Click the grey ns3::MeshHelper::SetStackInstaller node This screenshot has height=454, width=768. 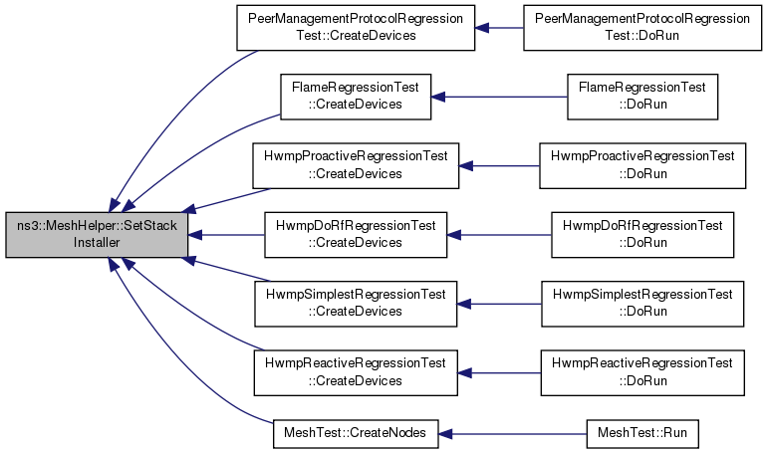tap(97, 235)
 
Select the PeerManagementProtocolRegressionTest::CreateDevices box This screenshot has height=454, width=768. tap(355, 28)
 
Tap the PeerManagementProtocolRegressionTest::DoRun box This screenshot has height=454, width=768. tap(641, 28)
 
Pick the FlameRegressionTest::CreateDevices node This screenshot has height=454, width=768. tap(355, 97)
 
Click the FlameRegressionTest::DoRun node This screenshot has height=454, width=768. tap(641, 97)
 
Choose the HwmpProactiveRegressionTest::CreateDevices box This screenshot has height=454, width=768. tap(355, 165)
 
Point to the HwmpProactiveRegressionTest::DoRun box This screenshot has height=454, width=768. tap(641, 165)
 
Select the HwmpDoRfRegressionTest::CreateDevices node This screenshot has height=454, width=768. tap(355, 235)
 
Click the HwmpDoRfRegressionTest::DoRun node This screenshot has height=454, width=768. tap(641, 235)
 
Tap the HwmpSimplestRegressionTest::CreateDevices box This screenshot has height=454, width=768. tap(355, 304)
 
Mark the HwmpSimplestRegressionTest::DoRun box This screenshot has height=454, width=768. tap(641, 304)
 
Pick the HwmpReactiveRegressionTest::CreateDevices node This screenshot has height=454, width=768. tap(355, 372)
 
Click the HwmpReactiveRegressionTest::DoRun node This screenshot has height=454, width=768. tap(641, 372)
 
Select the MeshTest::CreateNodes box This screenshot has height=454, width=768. tap(355, 434)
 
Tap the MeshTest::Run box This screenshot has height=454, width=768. tap(641, 434)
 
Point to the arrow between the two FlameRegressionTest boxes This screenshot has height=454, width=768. tap(498, 97)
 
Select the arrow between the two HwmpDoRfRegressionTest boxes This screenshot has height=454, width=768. tap(498, 235)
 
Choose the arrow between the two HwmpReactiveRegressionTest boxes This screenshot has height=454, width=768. tap(498, 372)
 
